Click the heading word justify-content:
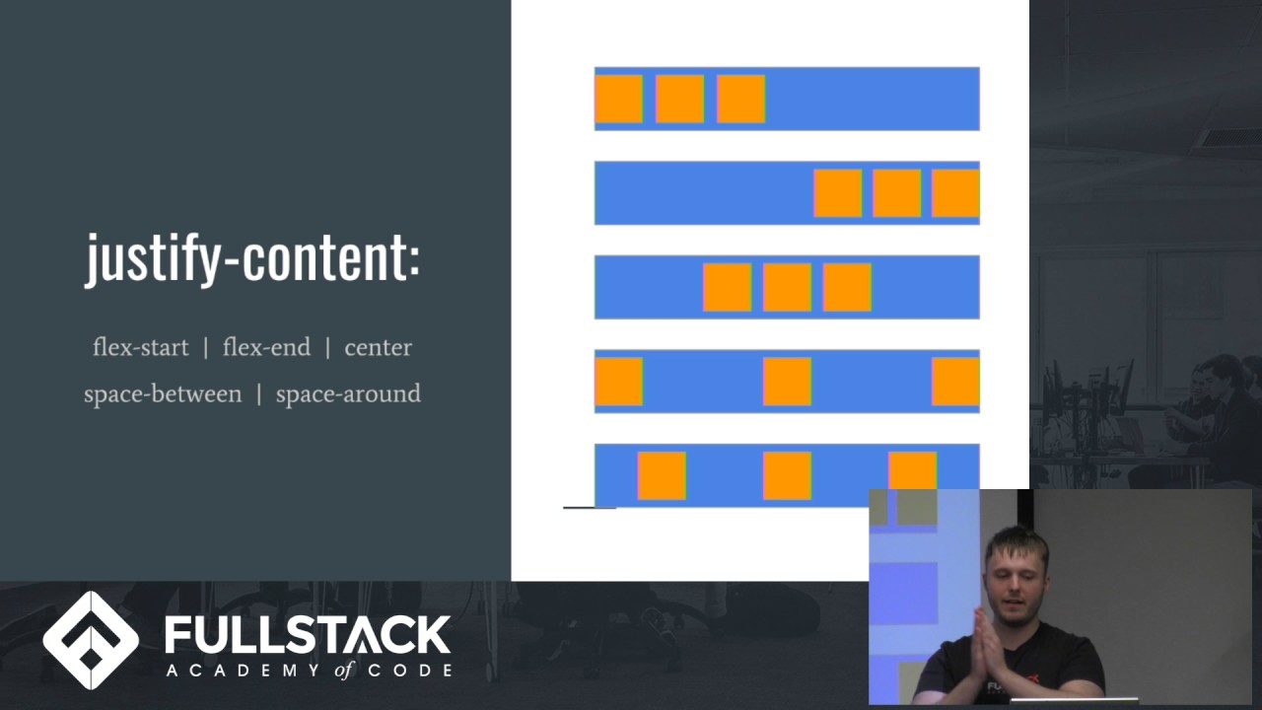pos(252,258)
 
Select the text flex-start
pos(140,347)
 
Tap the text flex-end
pos(266,347)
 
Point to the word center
pos(378,347)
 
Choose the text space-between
pos(163,393)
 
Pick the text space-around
pos(348,393)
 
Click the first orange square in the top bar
pos(619,99)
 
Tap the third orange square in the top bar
pos(740,99)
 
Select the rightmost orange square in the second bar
pos(955,193)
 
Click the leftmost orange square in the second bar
pos(838,193)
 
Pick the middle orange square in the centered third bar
pos(787,287)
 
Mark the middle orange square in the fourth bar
pos(787,382)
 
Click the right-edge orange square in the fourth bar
pos(955,382)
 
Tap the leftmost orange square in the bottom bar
pos(662,475)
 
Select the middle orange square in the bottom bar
pos(787,475)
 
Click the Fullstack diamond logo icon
pos(91,640)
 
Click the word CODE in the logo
pos(415,671)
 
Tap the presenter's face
pos(1017,576)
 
